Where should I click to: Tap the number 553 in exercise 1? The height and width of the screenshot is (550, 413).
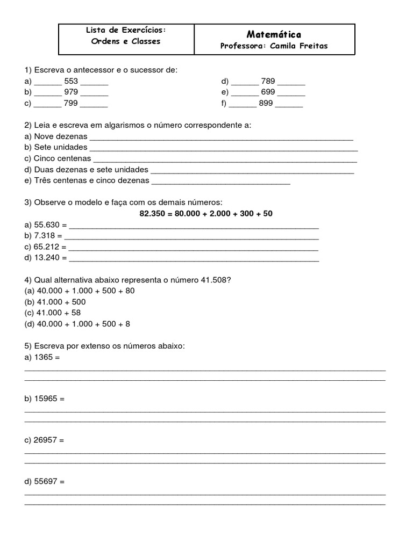[71, 82]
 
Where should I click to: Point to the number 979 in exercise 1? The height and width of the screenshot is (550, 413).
[71, 92]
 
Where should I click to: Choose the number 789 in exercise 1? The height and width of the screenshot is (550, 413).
[268, 82]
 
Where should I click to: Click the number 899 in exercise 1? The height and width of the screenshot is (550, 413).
[266, 103]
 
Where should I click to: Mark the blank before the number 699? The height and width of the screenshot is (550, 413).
[245, 93]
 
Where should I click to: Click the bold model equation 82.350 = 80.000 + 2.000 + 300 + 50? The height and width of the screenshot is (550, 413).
[206, 213]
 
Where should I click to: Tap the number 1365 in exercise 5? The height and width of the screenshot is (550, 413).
[43, 357]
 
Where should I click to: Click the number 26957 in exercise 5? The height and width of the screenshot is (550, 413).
[45, 440]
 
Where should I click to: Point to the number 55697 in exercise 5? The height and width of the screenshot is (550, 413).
[45, 482]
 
